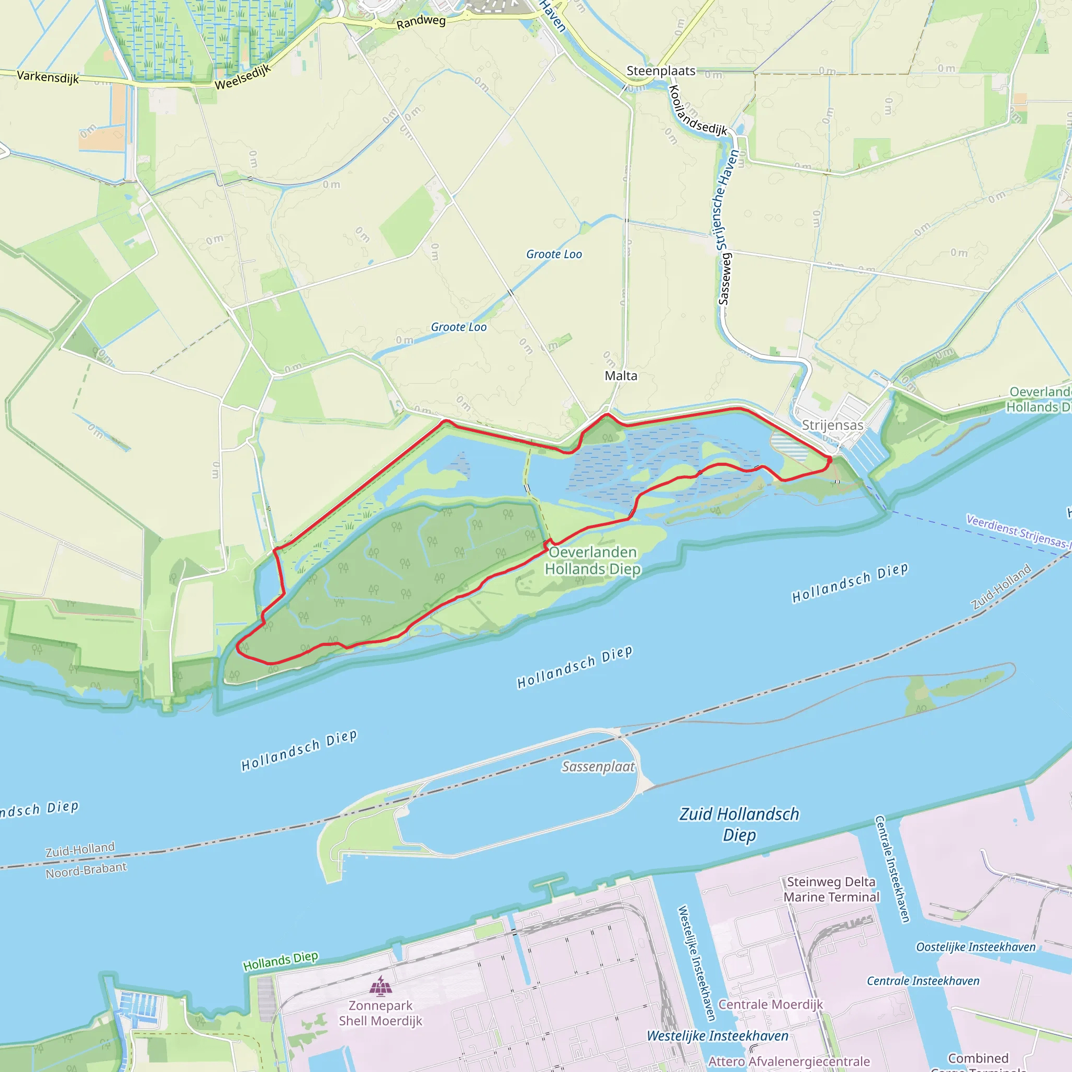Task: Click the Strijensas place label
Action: (x=832, y=425)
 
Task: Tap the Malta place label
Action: (x=621, y=376)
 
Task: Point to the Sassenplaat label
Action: (x=598, y=766)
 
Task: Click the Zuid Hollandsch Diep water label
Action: (x=739, y=824)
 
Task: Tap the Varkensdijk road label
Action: (x=48, y=76)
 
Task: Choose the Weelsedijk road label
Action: (x=242, y=77)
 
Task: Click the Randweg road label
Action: (x=421, y=22)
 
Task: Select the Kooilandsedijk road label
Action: (x=697, y=111)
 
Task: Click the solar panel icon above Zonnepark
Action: (x=381, y=986)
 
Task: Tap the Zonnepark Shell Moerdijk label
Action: (x=381, y=1013)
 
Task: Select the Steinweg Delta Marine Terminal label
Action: (x=831, y=889)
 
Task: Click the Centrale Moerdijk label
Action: (x=770, y=1004)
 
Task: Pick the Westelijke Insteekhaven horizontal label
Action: (x=718, y=1036)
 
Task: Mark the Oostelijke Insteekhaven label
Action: (x=976, y=947)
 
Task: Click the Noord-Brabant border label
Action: (x=86, y=870)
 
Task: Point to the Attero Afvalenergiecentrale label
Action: (x=789, y=1062)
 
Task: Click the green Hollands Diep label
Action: (x=280, y=961)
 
